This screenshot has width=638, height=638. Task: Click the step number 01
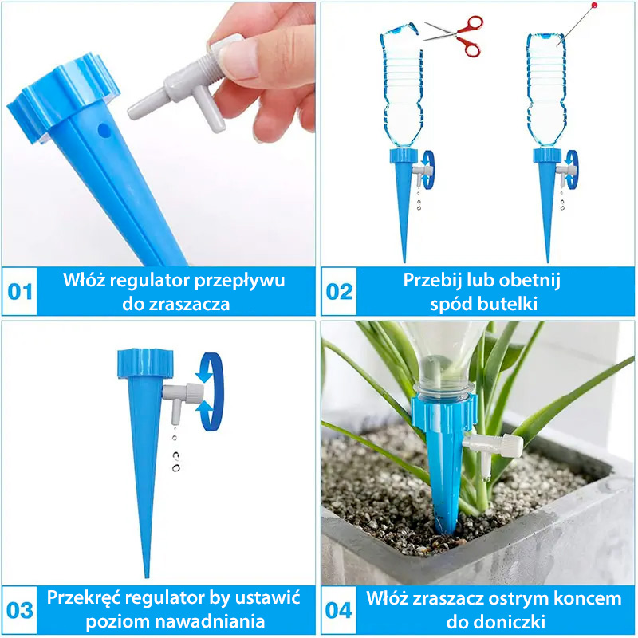(x=19, y=292)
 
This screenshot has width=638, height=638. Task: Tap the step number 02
(x=340, y=292)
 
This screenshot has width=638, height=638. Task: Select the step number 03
(x=19, y=610)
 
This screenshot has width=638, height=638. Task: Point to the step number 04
(x=338, y=610)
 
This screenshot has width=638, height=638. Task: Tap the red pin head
(x=594, y=5)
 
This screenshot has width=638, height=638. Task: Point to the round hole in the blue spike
(x=104, y=130)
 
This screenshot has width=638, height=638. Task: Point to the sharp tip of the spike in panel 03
(x=147, y=576)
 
